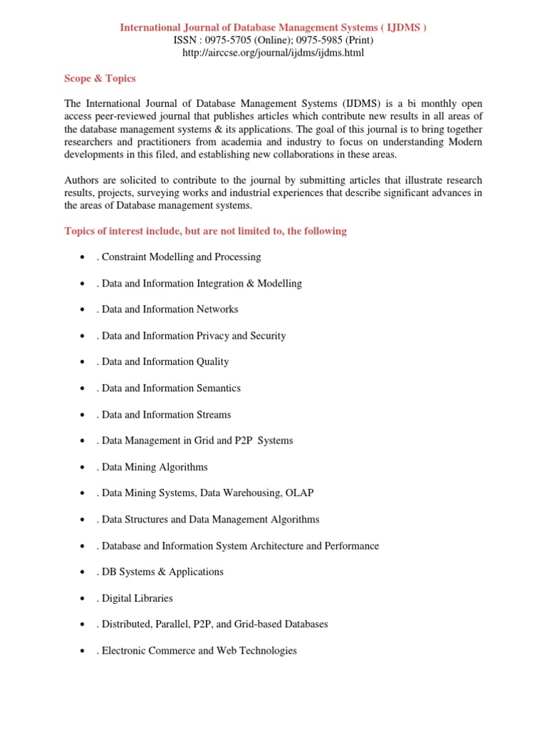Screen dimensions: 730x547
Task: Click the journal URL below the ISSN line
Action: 273,53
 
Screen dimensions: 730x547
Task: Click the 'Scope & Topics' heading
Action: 100,78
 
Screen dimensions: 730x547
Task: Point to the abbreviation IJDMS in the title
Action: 402,27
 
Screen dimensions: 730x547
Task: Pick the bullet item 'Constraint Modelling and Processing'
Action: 181,257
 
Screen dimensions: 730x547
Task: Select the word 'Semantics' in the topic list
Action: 217,388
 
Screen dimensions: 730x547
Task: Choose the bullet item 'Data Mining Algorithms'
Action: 155,467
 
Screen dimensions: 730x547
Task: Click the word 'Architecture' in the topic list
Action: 276,545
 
